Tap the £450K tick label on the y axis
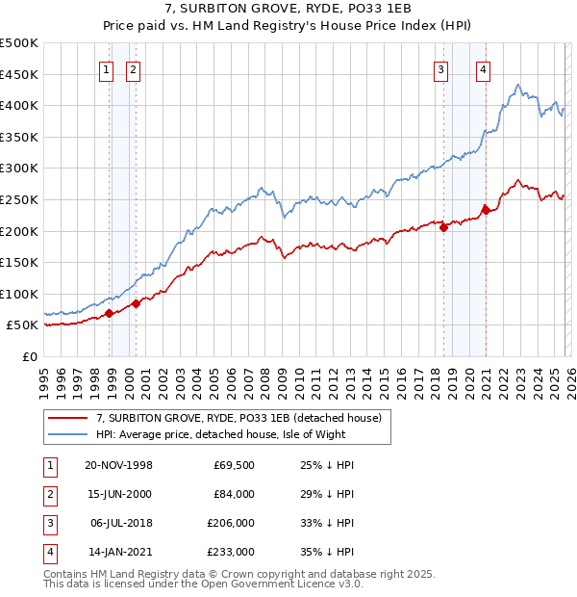click(x=19, y=74)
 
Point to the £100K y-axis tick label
click(x=19, y=294)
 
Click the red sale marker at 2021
click(x=486, y=209)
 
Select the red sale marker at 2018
click(x=443, y=227)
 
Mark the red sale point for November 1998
click(x=110, y=313)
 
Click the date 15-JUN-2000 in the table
click(x=118, y=494)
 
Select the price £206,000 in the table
click(x=230, y=523)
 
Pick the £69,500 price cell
click(x=234, y=465)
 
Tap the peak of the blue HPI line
click(x=517, y=85)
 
